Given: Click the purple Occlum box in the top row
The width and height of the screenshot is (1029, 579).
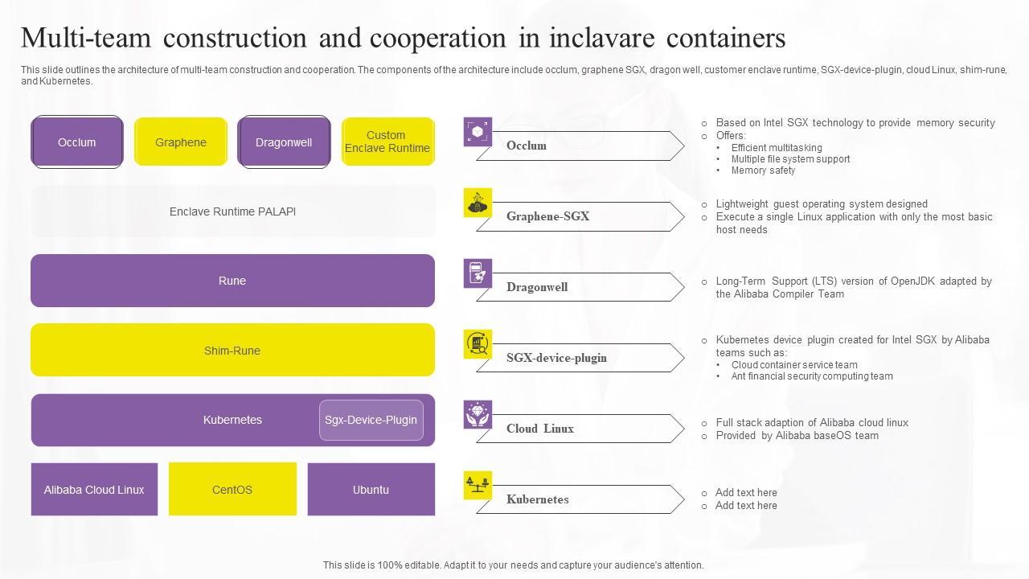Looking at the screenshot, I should [77, 142].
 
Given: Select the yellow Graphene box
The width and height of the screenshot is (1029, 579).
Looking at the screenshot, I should [181, 142].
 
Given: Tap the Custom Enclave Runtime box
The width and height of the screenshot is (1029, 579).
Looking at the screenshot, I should [387, 142].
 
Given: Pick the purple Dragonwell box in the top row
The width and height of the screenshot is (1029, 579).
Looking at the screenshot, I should [284, 142].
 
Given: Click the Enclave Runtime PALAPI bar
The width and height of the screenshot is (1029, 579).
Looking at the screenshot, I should [232, 211].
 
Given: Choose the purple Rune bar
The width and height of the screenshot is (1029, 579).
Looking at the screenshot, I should [232, 281].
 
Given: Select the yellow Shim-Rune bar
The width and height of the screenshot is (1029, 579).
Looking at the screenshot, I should [232, 350].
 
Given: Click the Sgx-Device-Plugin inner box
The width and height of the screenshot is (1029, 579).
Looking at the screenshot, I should [371, 420].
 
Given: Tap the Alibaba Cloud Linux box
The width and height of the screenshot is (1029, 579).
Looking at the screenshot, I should [94, 489].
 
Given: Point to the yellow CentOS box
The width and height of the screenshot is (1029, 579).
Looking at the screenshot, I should [232, 489].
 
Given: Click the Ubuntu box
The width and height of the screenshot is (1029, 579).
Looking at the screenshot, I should [371, 489].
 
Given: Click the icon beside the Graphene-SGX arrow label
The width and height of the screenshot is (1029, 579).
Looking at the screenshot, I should [478, 203].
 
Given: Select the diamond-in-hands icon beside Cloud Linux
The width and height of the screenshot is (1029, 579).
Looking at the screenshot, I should [478, 415].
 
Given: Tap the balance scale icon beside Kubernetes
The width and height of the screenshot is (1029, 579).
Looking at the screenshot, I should [478, 486].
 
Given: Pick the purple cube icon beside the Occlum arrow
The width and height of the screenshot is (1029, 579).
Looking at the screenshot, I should [478, 132].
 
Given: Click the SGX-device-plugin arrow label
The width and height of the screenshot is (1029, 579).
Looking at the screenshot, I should [556, 358].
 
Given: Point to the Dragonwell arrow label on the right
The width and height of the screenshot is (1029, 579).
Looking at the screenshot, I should [537, 287].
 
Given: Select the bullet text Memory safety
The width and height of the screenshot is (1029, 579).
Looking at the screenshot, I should [763, 170].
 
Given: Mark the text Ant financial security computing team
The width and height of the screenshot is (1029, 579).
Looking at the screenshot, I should [812, 376].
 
